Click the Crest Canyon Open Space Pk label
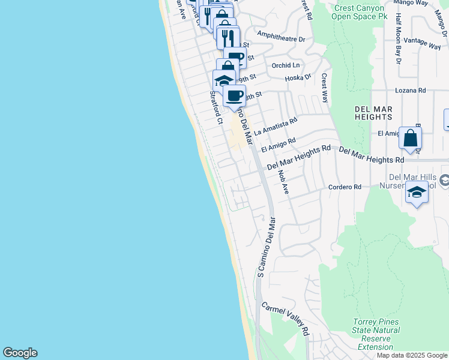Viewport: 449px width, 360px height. coord(360,11)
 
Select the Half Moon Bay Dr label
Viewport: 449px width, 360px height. coord(397,46)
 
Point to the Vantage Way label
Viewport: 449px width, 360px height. coord(423,42)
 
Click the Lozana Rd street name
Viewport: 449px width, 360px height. coord(410,90)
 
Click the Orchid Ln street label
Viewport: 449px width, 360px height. coord(285,65)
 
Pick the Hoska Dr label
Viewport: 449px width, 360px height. coord(298,77)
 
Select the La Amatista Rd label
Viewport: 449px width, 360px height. coord(276,125)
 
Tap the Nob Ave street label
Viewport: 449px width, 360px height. coord(283,182)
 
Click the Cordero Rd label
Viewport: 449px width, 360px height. coord(345,187)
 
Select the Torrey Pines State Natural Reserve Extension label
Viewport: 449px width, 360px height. coord(376,334)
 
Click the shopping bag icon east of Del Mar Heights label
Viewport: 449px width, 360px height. coord(410,139)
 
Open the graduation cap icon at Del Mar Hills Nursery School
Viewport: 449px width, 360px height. coord(416,193)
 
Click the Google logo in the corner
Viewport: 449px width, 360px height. coord(20,353)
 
